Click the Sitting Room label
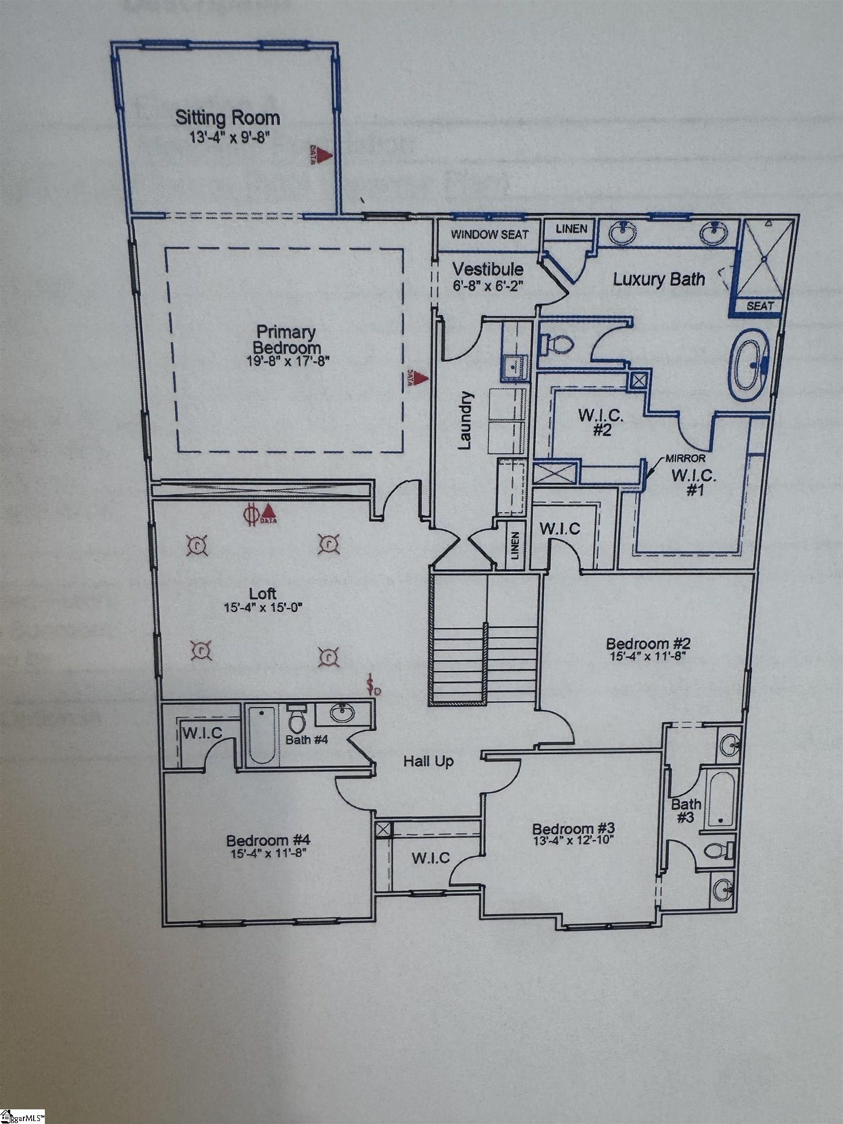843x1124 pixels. tap(227, 118)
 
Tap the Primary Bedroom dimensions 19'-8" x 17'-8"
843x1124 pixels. tap(287, 362)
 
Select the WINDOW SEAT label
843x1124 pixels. tap(489, 235)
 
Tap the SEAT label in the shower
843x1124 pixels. tap(761, 306)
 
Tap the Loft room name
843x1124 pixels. tap(263, 593)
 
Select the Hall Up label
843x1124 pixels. tap(428, 761)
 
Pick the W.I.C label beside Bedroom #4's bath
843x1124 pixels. tap(202, 733)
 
